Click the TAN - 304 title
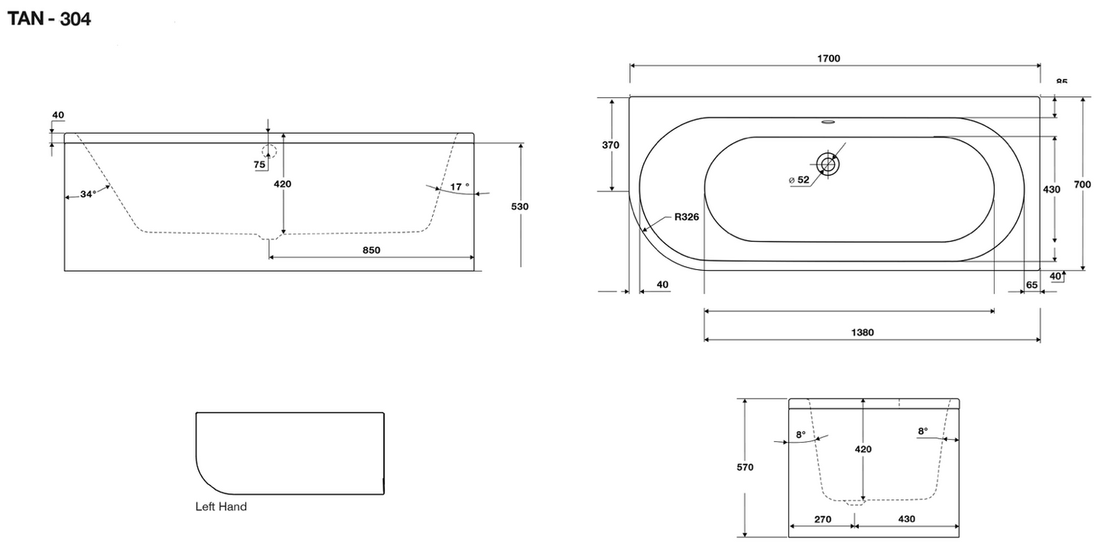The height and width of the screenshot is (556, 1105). pos(49,19)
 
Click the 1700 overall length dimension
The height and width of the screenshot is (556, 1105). pos(828,58)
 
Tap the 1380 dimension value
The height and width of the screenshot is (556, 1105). pos(862,333)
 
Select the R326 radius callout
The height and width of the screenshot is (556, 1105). pos(686,217)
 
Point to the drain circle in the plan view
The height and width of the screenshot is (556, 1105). pos(827,163)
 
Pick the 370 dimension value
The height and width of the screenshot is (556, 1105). pos(610,145)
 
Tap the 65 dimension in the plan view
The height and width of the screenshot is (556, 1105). pos(1032,285)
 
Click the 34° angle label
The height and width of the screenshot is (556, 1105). pos(88,194)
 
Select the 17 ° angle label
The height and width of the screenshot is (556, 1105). pos(460,186)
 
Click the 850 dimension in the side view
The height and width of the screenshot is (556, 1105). pos(372,250)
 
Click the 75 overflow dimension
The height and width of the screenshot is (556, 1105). pos(260,164)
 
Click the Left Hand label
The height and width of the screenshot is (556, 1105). pos(221,506)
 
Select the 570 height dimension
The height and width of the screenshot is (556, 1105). pos(744,467)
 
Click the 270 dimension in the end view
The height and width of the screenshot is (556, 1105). pos(822,519)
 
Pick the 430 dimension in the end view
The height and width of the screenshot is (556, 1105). pos(905,519)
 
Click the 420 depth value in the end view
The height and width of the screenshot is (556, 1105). pos(863,450)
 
